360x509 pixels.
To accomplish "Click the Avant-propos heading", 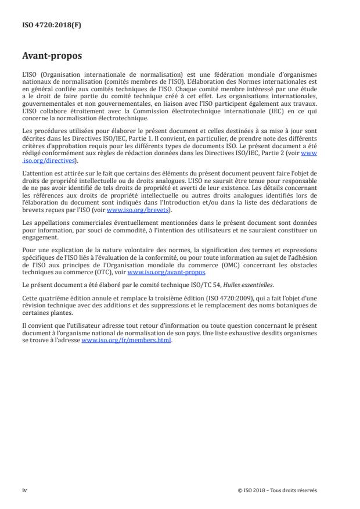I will click(x=52, y=57).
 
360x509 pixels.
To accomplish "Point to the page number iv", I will click(x=24, y=490).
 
